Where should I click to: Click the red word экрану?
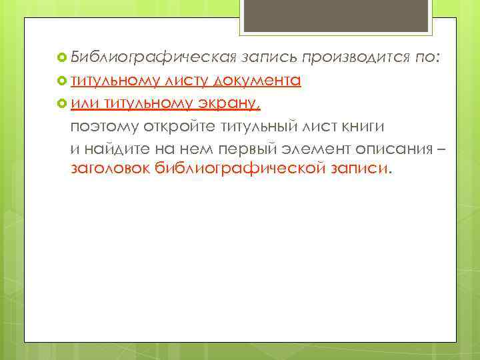coord(228,103)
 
